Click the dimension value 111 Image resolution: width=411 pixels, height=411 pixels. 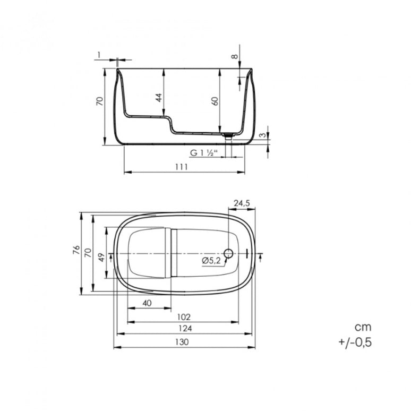coord(182,167)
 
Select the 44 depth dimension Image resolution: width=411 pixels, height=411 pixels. coord(158,98)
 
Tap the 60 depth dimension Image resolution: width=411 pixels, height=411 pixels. coord(215,101)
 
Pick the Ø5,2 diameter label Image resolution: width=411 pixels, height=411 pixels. coord(211,260)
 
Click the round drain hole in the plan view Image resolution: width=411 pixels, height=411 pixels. coord(229,254)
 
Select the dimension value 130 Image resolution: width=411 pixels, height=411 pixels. coord(182,342)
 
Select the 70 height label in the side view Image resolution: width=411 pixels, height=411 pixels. coord(99,101)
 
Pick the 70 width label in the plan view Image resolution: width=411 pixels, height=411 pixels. coord(88,254)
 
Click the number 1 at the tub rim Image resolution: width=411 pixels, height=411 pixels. coord(99,54)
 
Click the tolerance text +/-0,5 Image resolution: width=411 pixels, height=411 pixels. coord(355,343)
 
